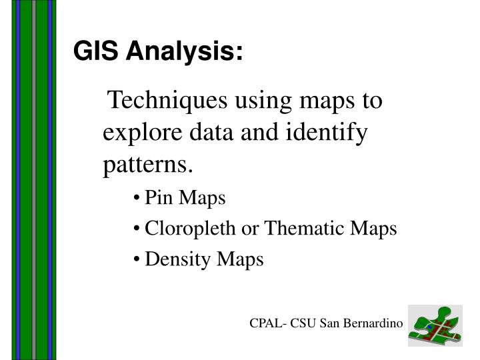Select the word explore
[x=135, y=133]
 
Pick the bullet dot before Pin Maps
[x=136, y=198]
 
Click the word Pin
[x=157, y=198]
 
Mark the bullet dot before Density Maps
[x=136, y=259]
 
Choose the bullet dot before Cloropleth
[x=136, y=229]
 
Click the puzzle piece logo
[x=435, y=325]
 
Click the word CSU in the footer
[x=302, y=323]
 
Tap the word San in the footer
[x=329, y=323]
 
